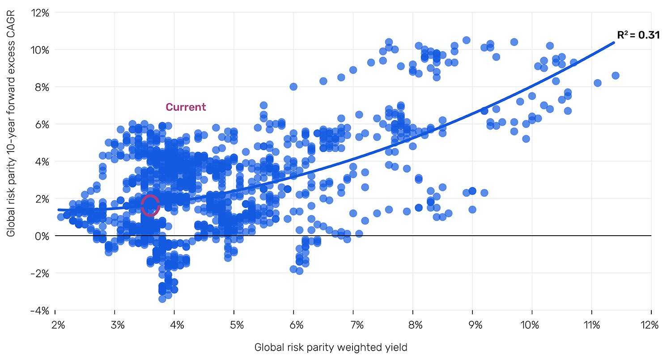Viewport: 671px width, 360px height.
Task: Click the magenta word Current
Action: pos(186,107)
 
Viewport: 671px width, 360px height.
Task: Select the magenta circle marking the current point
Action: pos(150,205)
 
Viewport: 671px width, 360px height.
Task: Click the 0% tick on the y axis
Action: pos(44,236)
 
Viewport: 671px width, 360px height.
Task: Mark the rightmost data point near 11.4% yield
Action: pos(616,76)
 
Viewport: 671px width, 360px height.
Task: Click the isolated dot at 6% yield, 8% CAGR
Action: pos(293,87)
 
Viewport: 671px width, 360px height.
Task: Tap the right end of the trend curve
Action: pos(613,43)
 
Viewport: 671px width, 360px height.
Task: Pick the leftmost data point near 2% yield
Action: pos(61,217)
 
